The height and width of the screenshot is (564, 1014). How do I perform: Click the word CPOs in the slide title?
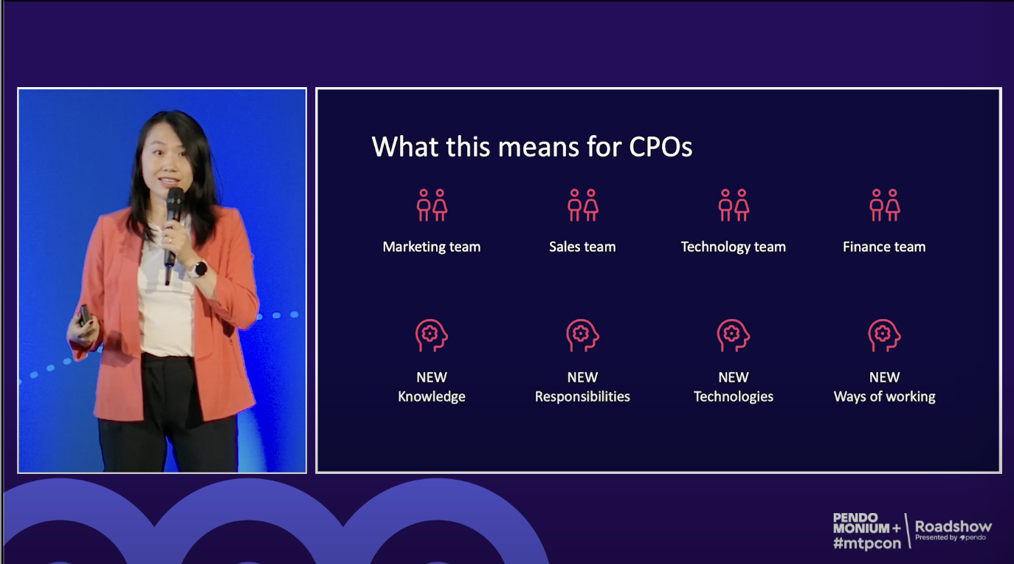[x=661, y=147]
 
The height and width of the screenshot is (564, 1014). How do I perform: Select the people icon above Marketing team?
[x=432, y=205]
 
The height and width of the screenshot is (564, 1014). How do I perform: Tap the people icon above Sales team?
[x=582, y=205]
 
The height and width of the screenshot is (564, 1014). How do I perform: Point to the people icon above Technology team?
[x=734, y=205]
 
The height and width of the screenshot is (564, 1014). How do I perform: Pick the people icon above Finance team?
[x=885, y=205]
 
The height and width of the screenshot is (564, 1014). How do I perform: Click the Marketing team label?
[x=432, y=247]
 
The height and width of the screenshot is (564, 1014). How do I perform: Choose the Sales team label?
[x=582, y=247]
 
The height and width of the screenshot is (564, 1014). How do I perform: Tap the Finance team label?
[x=884, y=247]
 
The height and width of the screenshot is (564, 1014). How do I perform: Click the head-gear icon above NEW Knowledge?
[x=432, y=335]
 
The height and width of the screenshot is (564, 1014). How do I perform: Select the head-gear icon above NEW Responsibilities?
[x=582, y=335]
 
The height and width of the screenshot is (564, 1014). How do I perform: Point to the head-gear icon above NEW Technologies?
[x=734, y=335]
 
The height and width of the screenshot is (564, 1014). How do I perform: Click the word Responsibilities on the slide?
[x=582, y=397]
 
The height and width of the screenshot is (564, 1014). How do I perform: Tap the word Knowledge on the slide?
[x=432, y=397]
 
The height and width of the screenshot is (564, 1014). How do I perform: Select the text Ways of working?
[x=885, y=397]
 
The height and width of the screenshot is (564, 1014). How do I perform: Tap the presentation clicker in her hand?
[x=85, y=315]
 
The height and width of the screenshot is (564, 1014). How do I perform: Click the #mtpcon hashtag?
[x=867, y=543]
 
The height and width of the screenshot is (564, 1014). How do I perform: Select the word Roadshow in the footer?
[x=953, y=526]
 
